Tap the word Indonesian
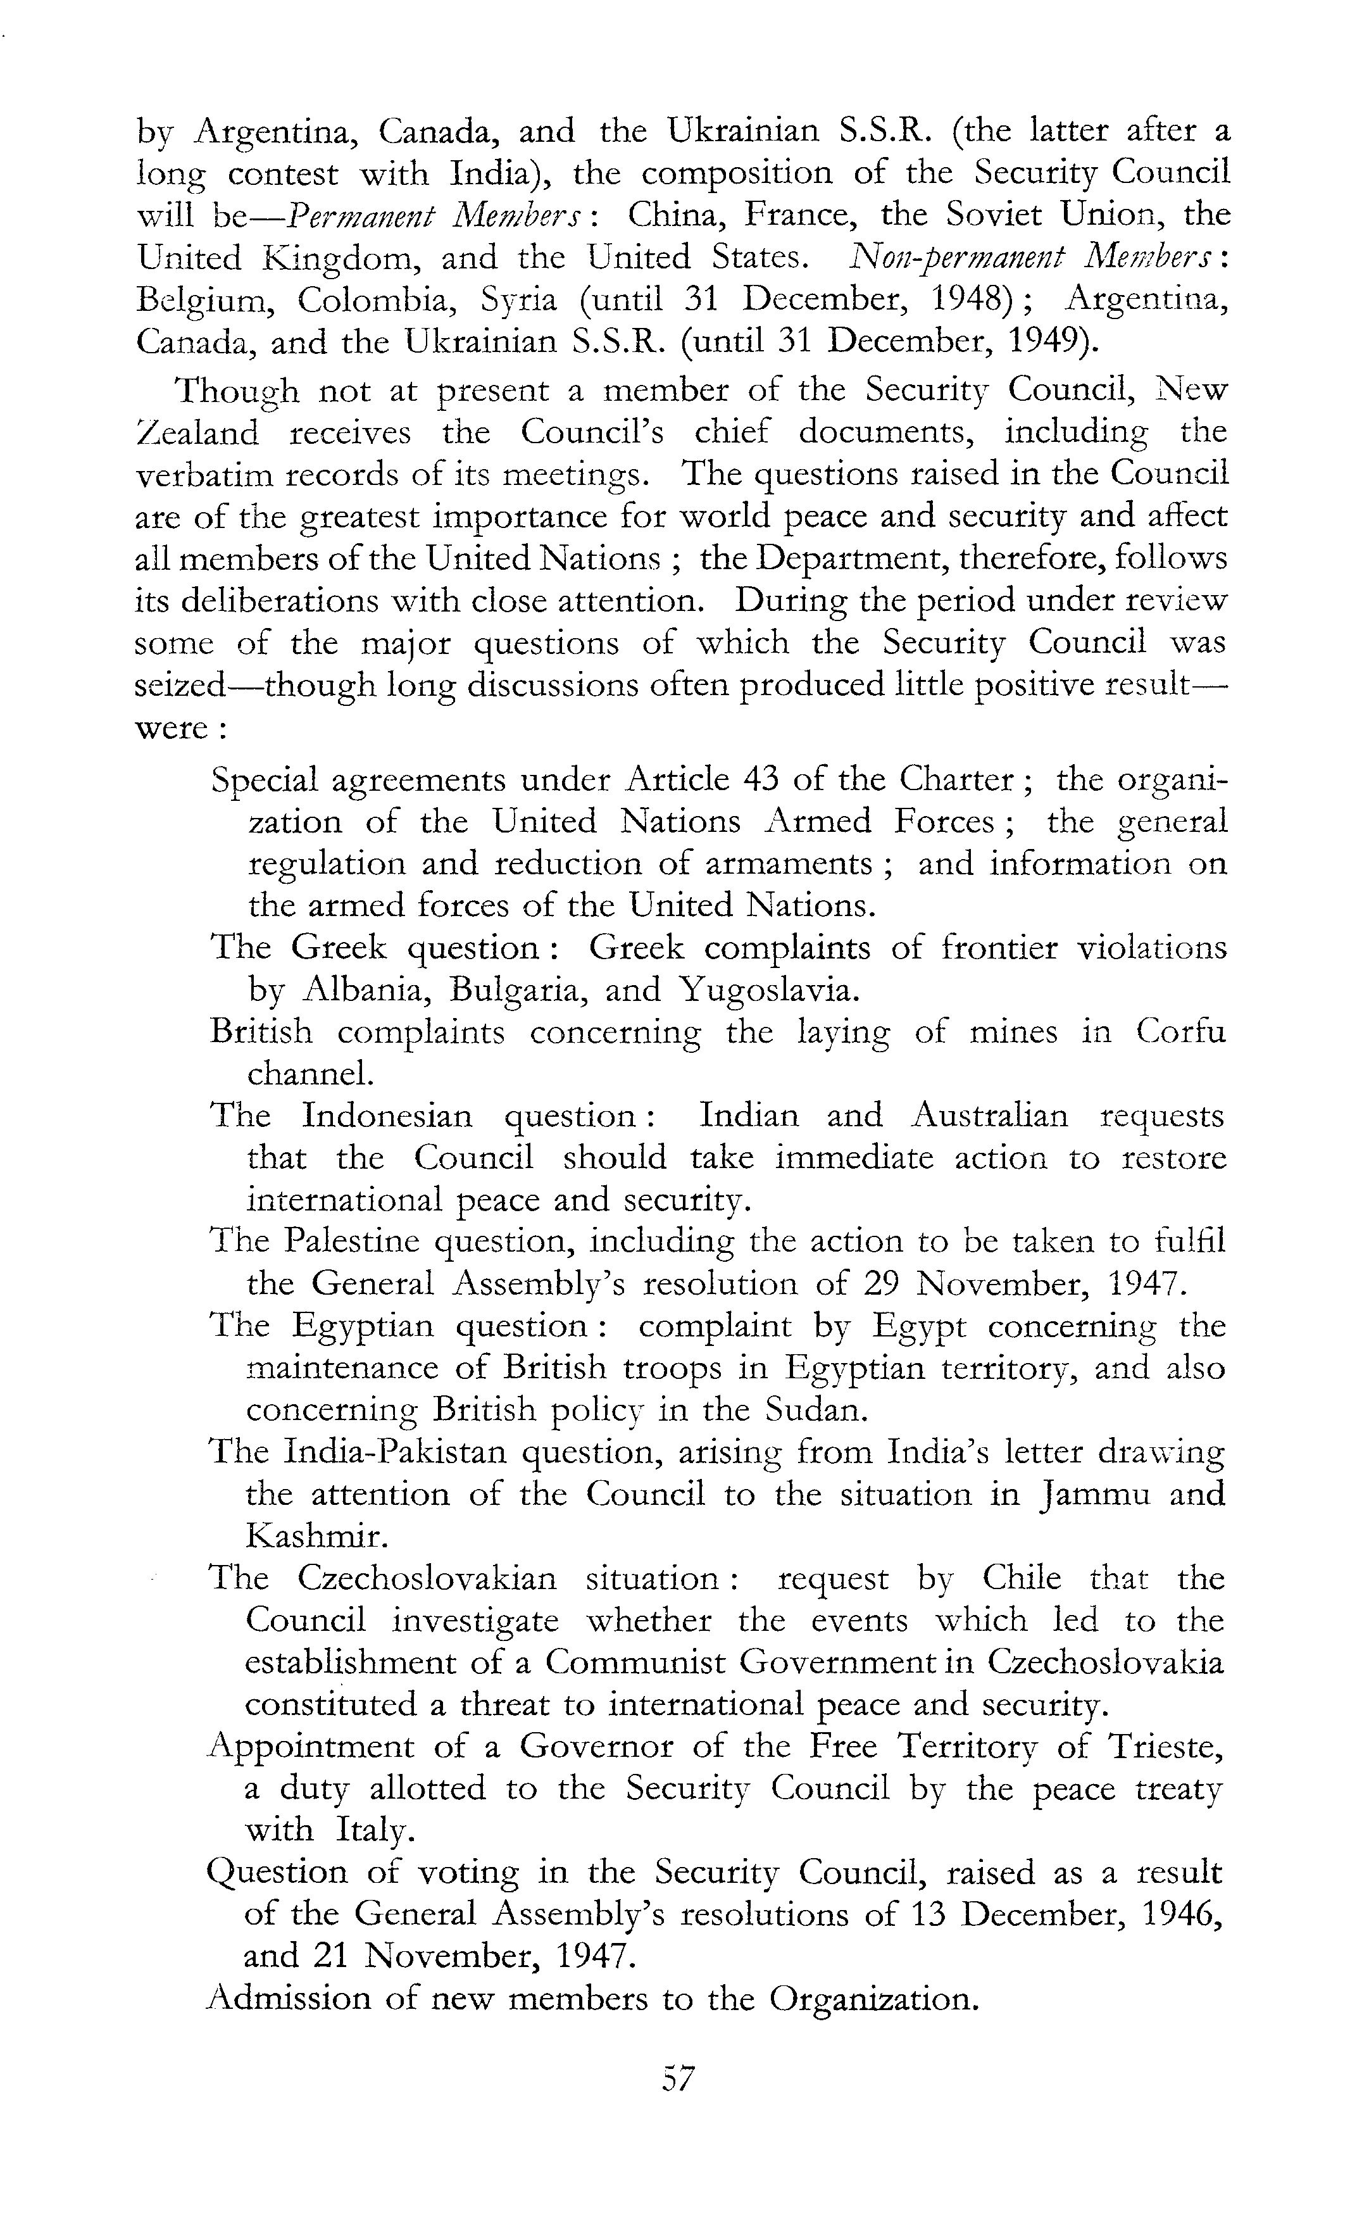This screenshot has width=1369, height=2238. [x=387, y=1116]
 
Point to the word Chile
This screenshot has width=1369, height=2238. [x=1022, y=1578]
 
